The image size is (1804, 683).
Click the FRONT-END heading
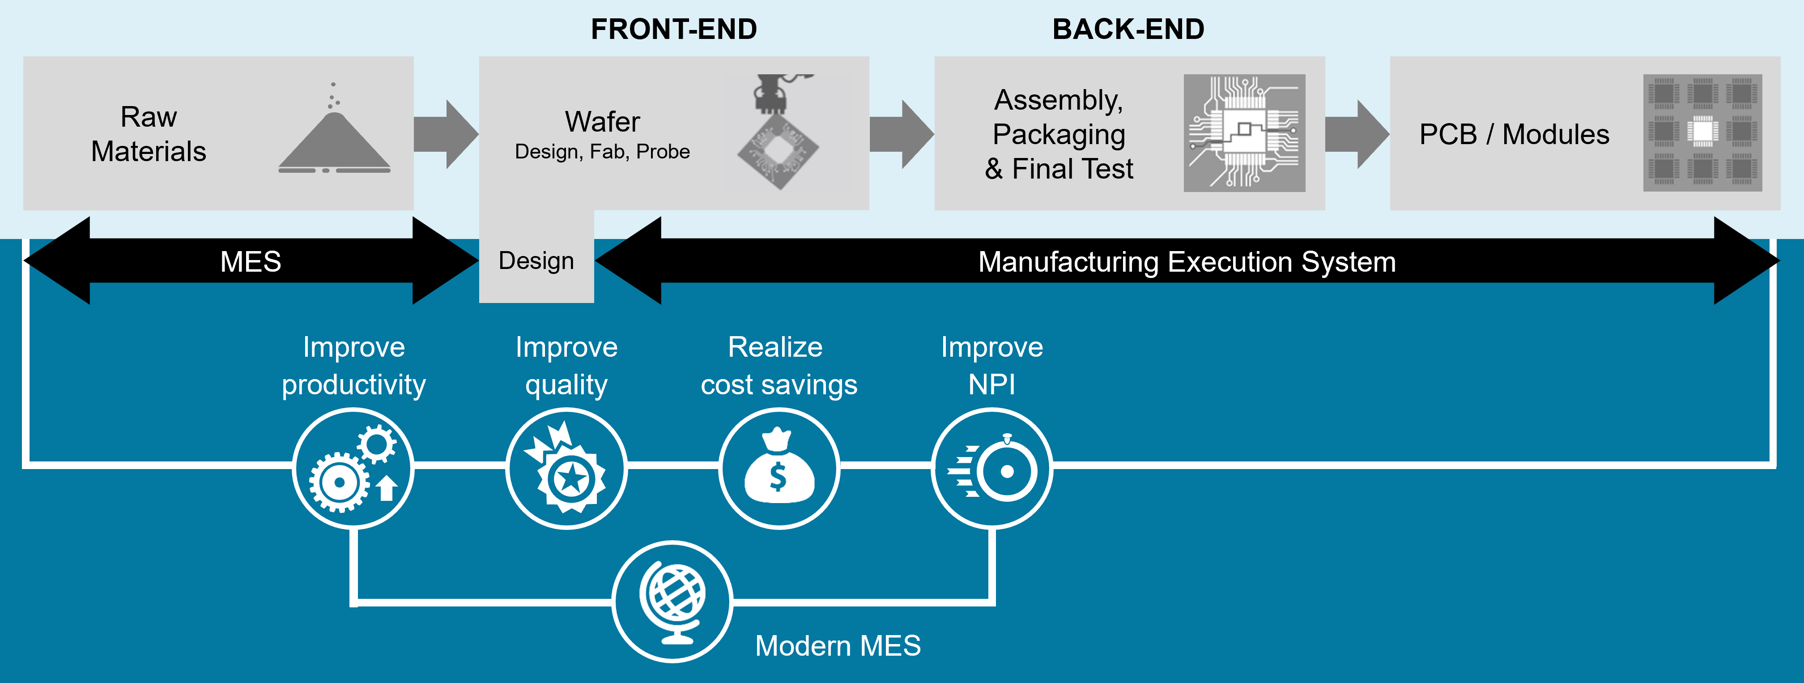[x=674, y=30]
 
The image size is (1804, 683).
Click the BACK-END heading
[x=1128, y=30]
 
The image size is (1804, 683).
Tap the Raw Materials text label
[x=149, y=134]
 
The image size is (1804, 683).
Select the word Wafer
[x=602, y=122]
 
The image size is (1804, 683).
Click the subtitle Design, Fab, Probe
[x=602, y=152]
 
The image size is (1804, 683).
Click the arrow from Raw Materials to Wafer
[x=445, y=134]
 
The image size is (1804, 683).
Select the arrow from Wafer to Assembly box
[x=901, y=134]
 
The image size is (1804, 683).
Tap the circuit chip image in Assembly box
[x=1244, y=133]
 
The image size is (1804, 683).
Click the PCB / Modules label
[x=1514, y=134]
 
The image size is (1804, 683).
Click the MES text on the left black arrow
[x=251, y=261]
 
